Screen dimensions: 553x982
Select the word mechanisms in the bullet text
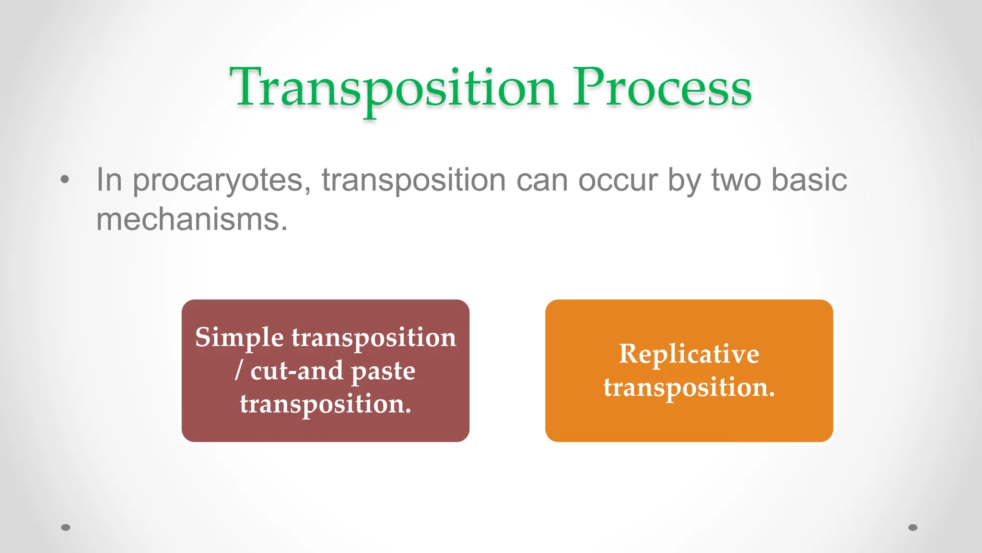(191, 220)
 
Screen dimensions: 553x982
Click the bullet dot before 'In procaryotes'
(65, 180)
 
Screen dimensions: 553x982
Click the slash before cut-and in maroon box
(238, 371)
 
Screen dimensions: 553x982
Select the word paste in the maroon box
(383, 372)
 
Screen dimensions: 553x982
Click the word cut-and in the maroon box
(297, 371)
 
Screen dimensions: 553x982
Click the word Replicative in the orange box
(689, 354)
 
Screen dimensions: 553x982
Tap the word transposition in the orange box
(689, 387)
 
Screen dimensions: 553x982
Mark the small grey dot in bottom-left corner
(66, 527)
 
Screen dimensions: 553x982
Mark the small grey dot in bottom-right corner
(913, 527)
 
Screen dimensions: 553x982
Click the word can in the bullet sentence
(542, 181)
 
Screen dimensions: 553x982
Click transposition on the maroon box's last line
(325, 404)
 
